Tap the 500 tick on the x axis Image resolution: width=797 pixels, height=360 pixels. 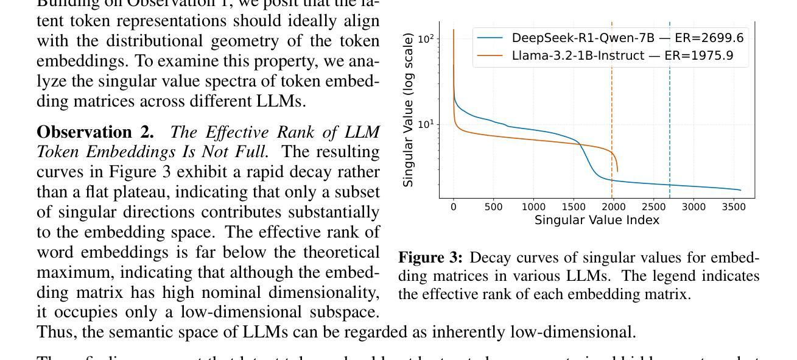pos(494,206)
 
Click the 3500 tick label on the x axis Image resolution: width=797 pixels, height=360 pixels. pos(734,206)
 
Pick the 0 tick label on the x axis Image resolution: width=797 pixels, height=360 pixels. pos(454,206)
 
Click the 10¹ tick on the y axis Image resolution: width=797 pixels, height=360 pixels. pos(426,124)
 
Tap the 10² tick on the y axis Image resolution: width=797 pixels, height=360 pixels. pos(426,39)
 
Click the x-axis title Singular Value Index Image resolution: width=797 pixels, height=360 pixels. pos(597,220)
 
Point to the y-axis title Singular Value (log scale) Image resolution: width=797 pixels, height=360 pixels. pos(409,110)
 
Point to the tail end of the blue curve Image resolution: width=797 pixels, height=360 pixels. pos(740,190)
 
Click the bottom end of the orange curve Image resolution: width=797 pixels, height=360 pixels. pos(617,171)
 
